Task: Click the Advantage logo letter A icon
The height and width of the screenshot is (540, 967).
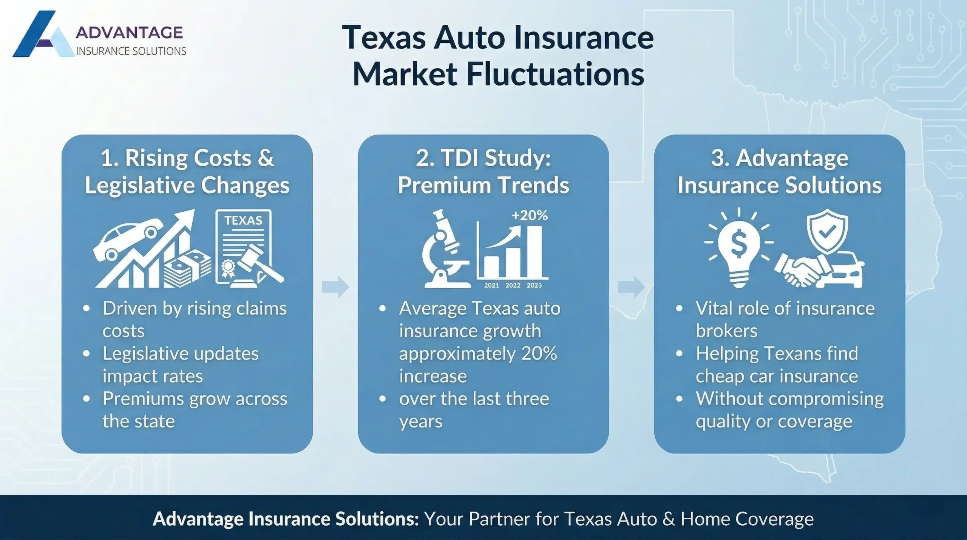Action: (x=42, y=35)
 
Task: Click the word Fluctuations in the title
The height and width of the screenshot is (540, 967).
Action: (x=555, y=74)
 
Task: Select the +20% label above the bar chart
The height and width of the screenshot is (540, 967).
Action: (x=530, y=215)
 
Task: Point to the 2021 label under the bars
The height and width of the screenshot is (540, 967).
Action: (x=491, y=285)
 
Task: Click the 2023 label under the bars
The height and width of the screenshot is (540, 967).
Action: (x=534, y=285)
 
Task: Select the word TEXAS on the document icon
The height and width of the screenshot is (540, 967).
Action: (x=243, y=220)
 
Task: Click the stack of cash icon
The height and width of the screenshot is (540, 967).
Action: (x=187, y=268)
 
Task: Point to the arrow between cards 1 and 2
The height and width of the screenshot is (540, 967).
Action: (x=335, y=287)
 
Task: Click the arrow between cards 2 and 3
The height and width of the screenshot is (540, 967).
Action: (x=632, y=287)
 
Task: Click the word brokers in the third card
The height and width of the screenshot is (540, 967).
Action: (x=726, y=331)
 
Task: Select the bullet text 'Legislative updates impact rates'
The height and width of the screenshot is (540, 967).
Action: (x=181, y=365)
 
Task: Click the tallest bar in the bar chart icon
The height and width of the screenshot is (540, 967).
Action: (x=534, y=251)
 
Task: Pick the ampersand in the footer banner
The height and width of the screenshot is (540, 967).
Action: (x=668, y=519)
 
